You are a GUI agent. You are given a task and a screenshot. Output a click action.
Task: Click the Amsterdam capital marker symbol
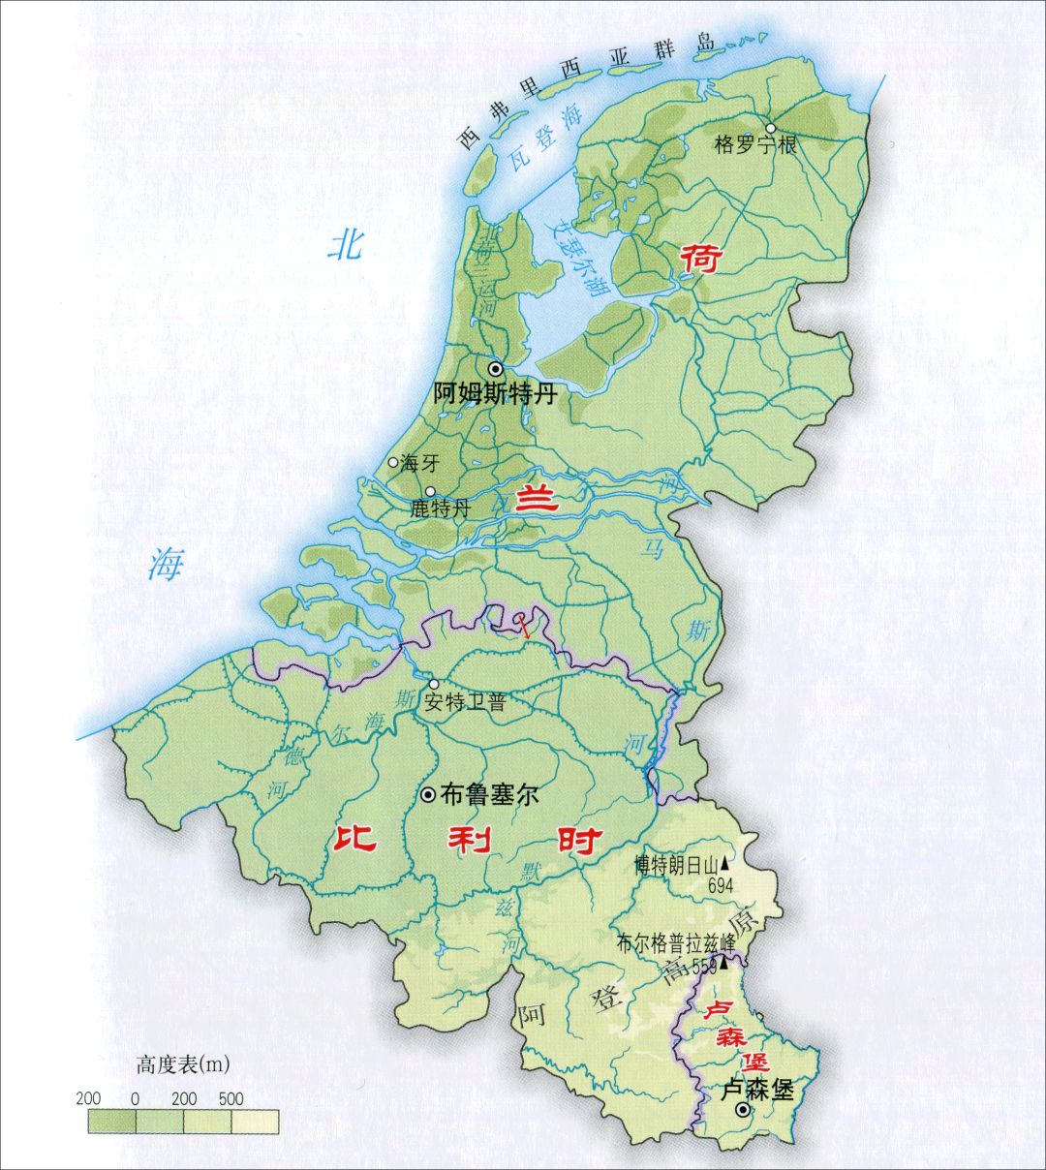pos(496,369)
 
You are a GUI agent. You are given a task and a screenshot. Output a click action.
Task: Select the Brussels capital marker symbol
pos(427,794)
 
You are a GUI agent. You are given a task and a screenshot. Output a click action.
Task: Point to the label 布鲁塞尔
pos(489,795)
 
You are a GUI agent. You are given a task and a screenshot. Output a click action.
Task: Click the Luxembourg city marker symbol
pos(742,1110)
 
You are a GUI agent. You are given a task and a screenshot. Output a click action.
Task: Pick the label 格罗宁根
pos(754,146)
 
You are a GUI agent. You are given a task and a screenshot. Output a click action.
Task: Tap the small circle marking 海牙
pos(392,463)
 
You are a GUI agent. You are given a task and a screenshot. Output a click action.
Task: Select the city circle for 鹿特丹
pos(430,491)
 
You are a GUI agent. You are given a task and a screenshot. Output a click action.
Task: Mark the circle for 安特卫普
pos(433,684)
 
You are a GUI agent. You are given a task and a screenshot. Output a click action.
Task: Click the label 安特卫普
pos(465,703)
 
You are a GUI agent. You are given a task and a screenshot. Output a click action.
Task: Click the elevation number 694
pos(722,885)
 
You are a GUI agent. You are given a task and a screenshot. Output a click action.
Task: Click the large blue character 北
pos(345,244)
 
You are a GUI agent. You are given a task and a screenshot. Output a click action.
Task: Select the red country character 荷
pos(700,260)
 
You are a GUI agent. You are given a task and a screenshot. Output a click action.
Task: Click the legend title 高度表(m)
pos(183,1065)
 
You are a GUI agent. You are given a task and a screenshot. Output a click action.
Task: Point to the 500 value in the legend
pos(231,1098)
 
